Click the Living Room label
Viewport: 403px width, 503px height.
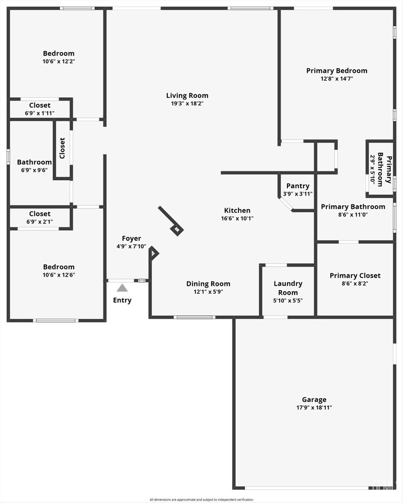(x=187, y=95)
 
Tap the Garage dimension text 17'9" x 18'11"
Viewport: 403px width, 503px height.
(x=314, y=408)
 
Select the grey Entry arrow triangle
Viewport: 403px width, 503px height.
(x=122, y=288)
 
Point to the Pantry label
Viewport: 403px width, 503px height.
(x=298, y=186)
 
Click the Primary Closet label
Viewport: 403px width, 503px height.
(x=355, y=276)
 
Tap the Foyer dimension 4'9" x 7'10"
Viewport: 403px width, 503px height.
(x=131, y=247)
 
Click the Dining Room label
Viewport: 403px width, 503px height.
(x=208, y=283)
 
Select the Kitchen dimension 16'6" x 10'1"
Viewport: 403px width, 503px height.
(x=237, y=219)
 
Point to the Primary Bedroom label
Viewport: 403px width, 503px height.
(x=337, y=71)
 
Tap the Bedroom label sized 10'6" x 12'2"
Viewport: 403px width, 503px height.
(x=59, y=54)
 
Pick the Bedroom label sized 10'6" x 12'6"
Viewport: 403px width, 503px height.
(x=59, y=267)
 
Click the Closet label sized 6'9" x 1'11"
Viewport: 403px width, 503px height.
(x=39, y=105)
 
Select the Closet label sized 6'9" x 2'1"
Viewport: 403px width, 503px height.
(x=39, y=214)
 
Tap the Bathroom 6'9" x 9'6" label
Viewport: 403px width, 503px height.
(x=34, y=162)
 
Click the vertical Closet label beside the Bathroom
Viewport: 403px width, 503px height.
(x=62, y=148)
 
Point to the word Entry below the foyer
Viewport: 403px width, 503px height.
(x=122, y=300)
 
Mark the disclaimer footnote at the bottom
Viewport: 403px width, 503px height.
(x=201, y=500)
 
